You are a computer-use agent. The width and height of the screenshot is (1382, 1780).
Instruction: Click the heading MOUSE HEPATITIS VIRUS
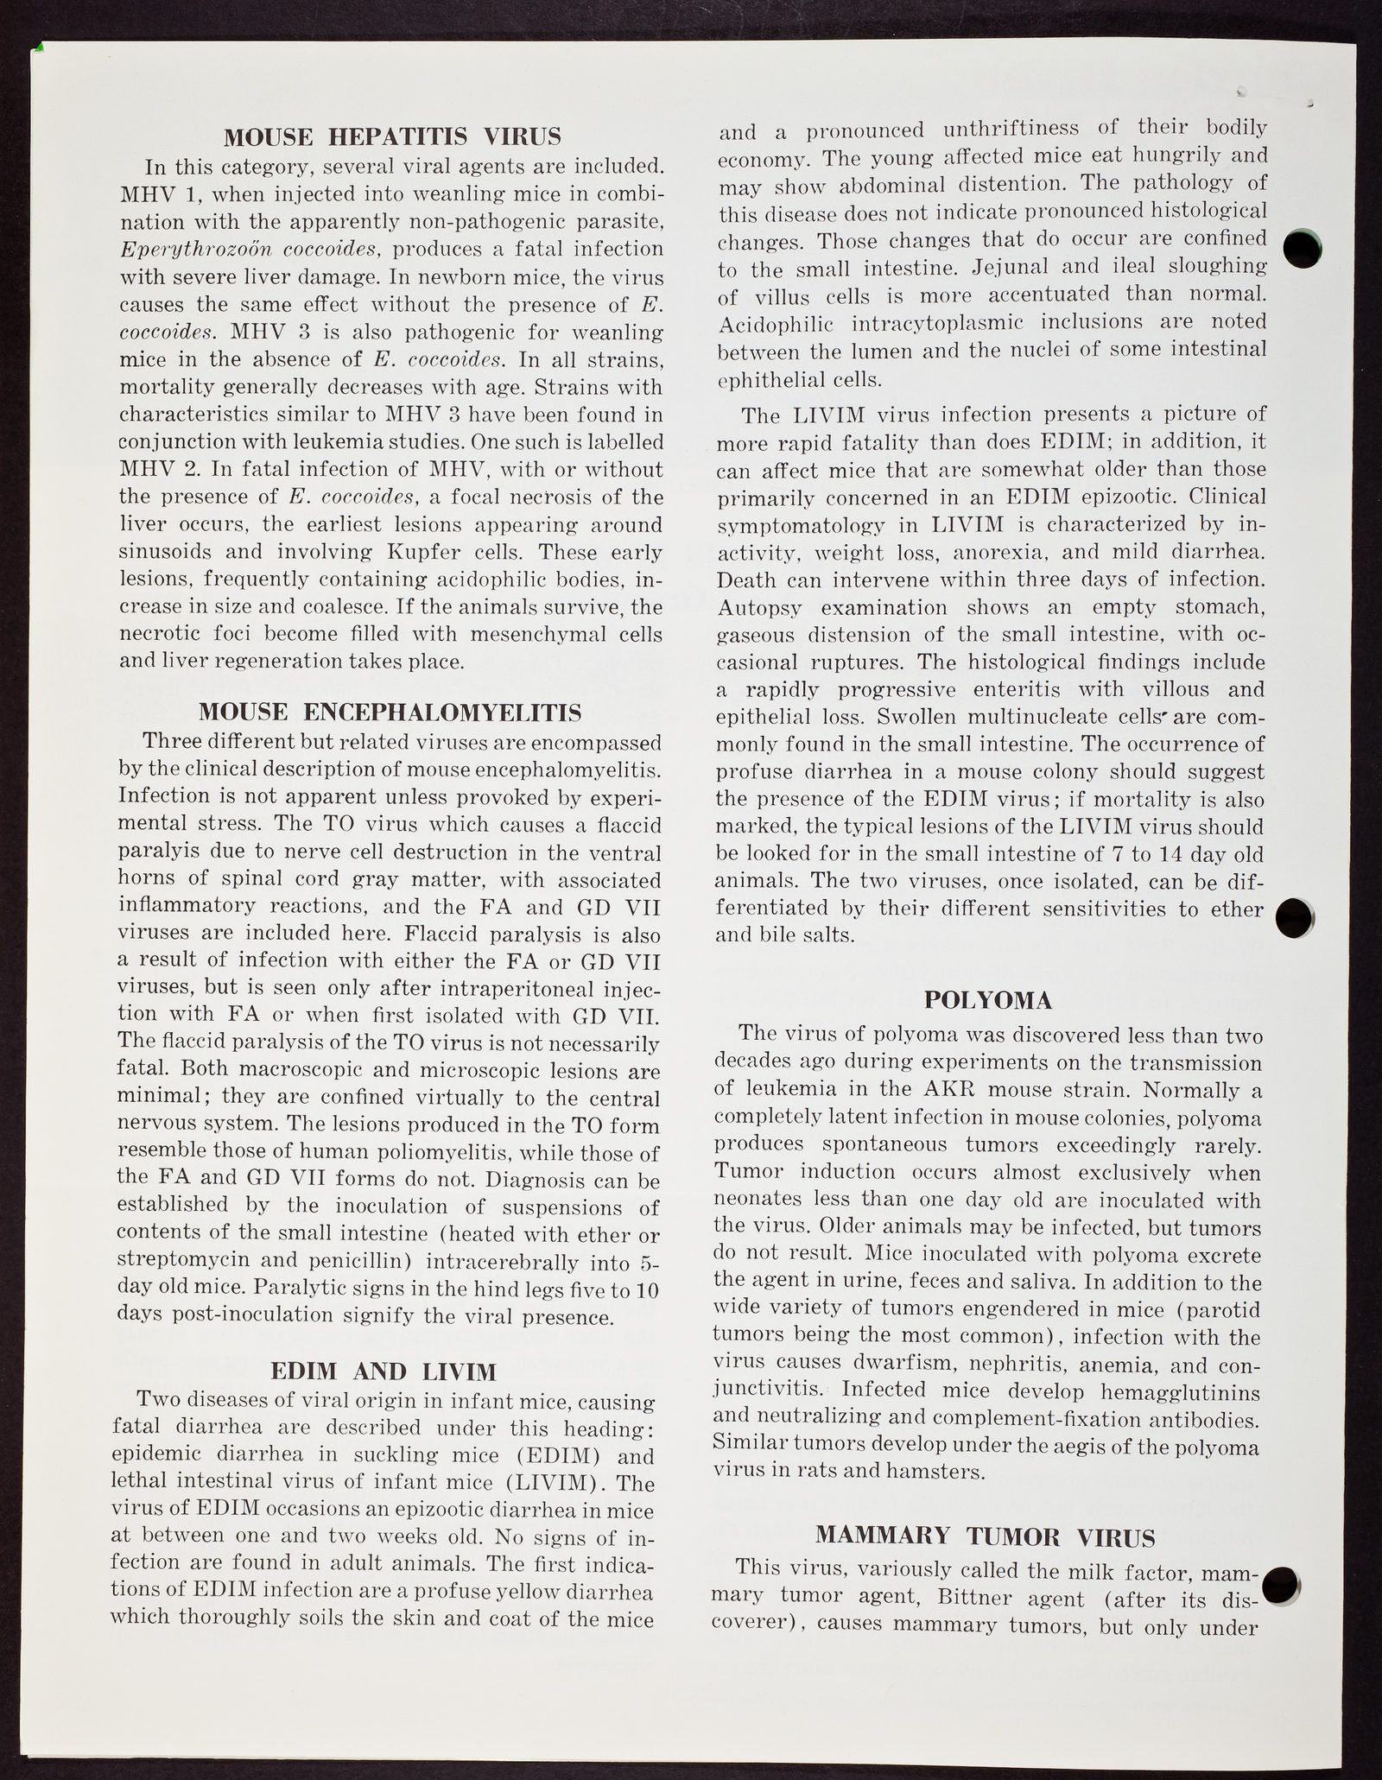(392, 136)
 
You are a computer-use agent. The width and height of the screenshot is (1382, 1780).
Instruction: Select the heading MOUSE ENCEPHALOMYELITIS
(390, 713)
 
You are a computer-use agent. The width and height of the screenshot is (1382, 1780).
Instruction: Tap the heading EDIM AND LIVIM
(384, 1371)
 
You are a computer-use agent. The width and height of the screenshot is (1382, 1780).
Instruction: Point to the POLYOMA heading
(989, 1000)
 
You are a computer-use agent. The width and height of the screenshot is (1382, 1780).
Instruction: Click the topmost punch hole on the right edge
(1302, 249)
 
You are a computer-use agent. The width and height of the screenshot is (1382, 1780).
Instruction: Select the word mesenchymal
(515, 635)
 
